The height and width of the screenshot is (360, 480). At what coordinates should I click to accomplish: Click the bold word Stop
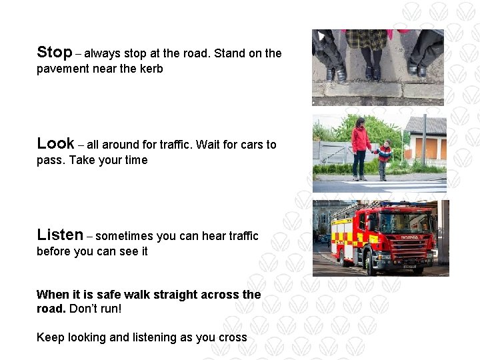54,52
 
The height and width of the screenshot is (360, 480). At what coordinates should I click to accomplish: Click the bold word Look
55,143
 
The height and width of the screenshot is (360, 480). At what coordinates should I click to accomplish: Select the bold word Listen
60,235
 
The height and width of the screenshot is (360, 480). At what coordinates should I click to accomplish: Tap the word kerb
151,69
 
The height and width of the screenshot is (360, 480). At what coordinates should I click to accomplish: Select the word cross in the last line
233,337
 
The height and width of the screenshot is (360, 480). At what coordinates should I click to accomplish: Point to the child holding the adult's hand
383,159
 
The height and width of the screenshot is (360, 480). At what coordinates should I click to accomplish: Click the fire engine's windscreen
405,222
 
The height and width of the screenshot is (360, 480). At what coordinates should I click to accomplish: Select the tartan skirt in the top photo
365,39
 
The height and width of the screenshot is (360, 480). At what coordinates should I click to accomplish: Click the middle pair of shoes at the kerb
372,72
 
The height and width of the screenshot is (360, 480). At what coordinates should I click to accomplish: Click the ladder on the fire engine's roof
360,207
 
